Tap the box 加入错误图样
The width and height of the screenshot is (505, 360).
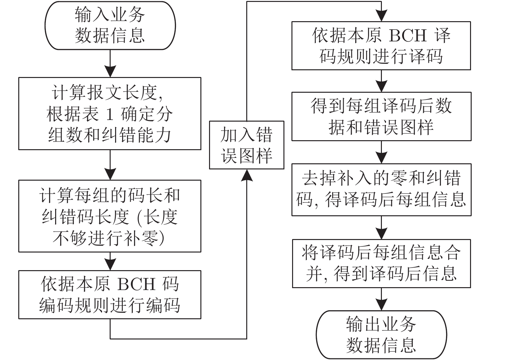pyautogui.click(x=246, y=145)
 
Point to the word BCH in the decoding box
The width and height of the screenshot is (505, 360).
pyautogui.click(x=408, y=35)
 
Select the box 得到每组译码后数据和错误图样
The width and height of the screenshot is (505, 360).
pyautogui.click(x=381, y=116)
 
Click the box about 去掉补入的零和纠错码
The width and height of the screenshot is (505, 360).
pyautogui.click(x=381, y=189)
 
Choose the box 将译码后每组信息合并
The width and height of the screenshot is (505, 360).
pyautogui.click(x=381, y=263)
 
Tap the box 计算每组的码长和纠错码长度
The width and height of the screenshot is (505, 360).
pyautogui.click(x=110, y=216)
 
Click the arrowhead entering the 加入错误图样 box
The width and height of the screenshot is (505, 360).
pyautogui.click(x=247, y=175)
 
